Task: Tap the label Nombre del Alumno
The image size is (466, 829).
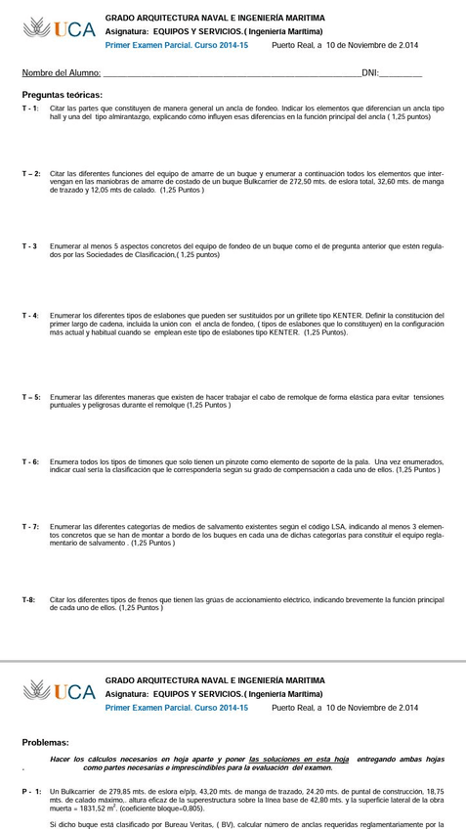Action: point(61,73)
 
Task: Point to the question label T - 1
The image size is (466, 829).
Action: point(30,108)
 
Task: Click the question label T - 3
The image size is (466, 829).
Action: point(29,246)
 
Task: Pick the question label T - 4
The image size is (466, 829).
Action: point(30,316)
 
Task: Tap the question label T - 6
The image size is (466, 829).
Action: point(30,461)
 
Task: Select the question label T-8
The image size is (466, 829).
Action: point(29,599)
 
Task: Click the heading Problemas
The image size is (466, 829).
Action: point(45,742)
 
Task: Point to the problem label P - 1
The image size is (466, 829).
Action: point(31,791)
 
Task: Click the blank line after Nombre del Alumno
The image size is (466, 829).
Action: point(231,73)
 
